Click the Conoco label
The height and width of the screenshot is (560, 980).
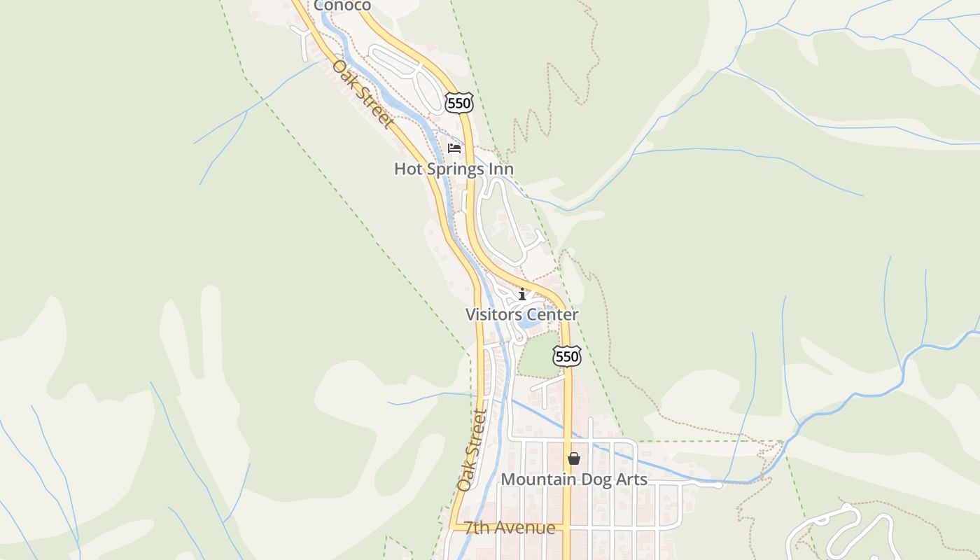[x=342, y=6]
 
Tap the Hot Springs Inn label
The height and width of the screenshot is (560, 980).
[x=454, y=169]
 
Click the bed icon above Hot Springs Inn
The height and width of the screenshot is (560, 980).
[x=454, y=148]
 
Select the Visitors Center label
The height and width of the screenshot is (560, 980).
[x=522, y=314]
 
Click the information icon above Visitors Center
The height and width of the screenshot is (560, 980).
[x=522, y=295]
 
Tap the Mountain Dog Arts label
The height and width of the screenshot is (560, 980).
[x=574, y=479]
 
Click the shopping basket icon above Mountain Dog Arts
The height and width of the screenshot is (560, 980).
[x=574, y=458]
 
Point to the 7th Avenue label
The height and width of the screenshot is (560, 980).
[x=510, y=528]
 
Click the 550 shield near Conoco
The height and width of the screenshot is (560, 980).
[x=459, y=104]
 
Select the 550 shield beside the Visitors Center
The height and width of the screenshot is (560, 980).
[x=566, y=357]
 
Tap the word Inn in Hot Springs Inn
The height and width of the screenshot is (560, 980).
[x=502, y=169]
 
